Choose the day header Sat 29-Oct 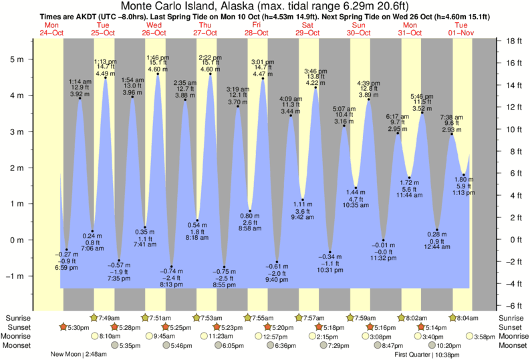(x=308, y=28)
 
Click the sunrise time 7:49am (x=109, y=318)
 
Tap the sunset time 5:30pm (x=79, y=327)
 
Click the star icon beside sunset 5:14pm (x=421, y=327)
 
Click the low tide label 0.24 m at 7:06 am (x=93, y=242)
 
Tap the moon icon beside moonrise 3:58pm (x=471, y=336)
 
